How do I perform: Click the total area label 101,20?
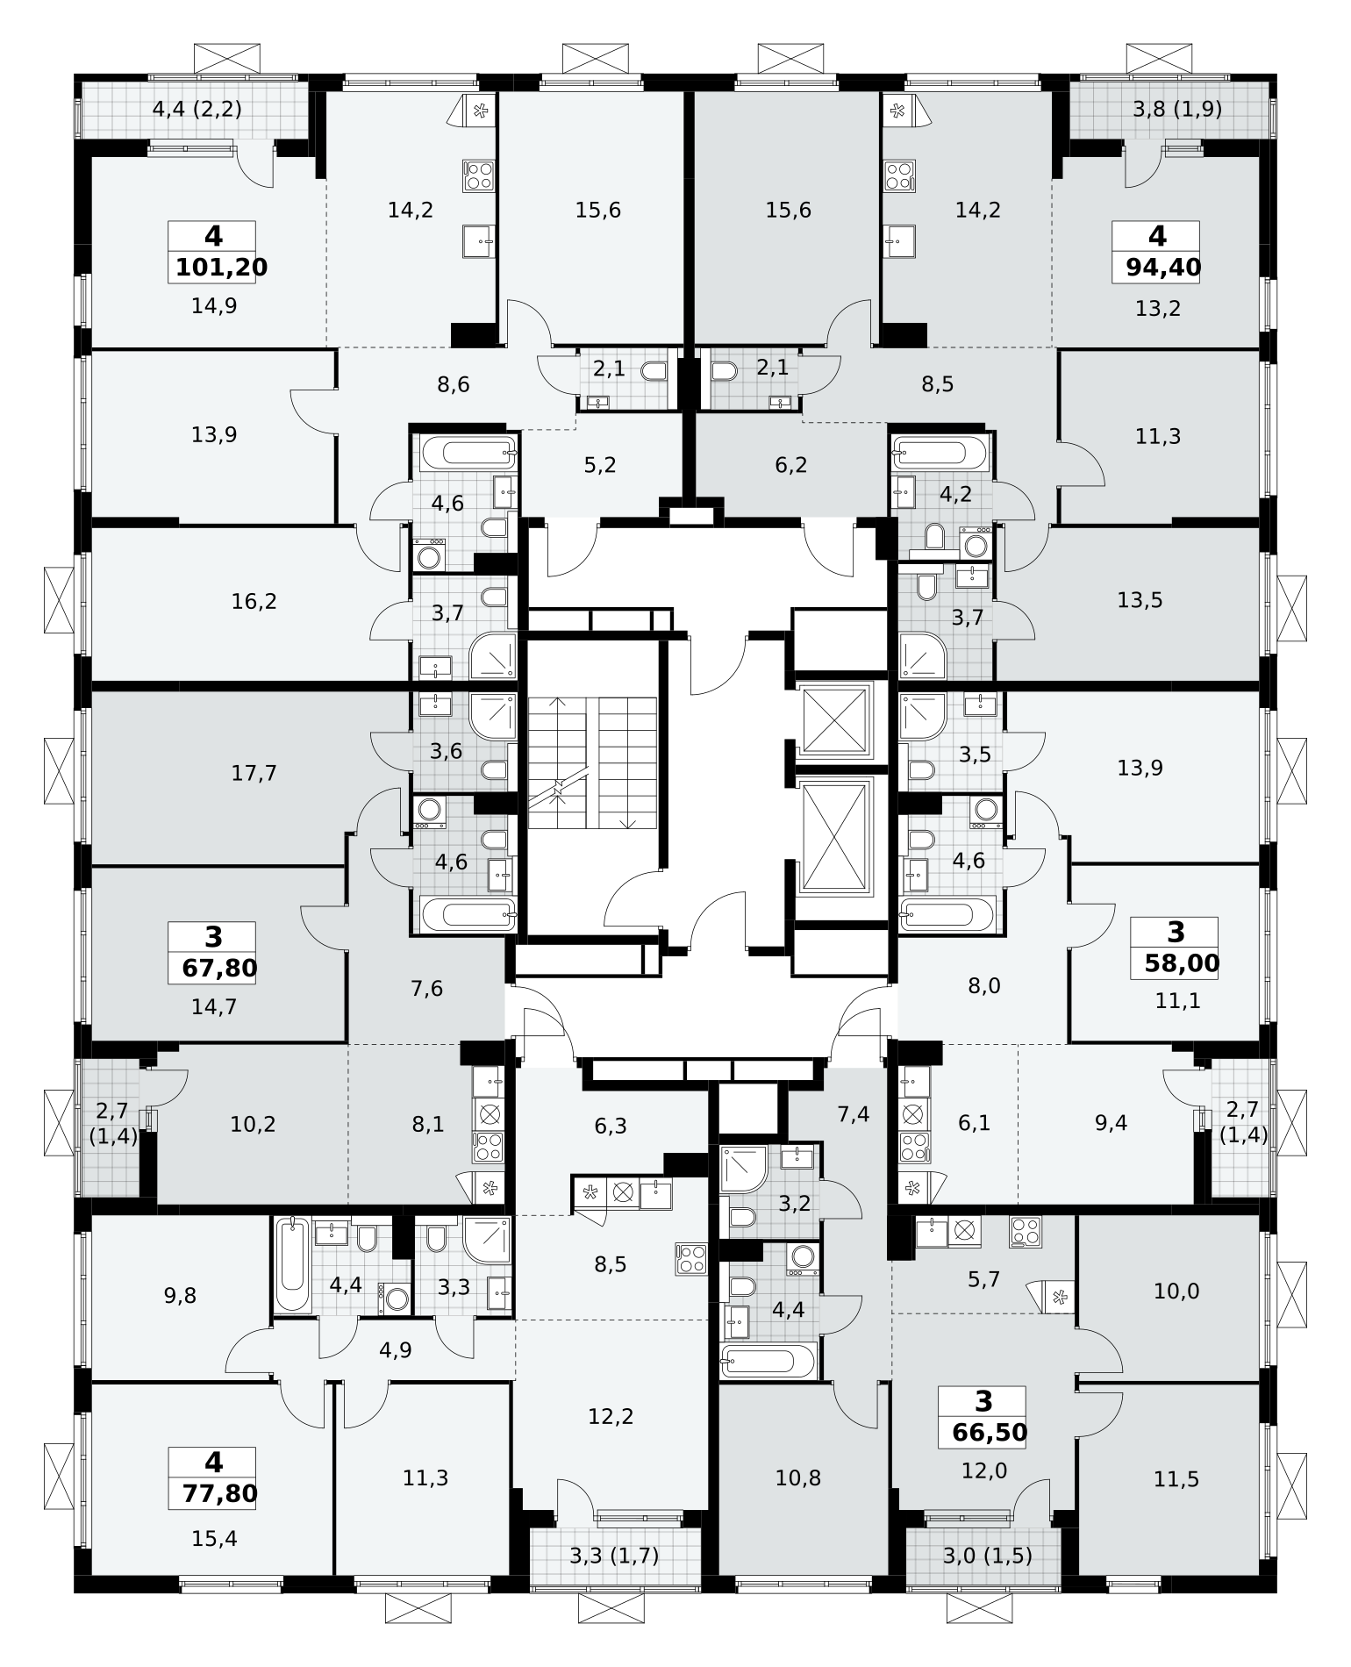click(221, 267)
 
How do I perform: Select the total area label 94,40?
click(1163, 267)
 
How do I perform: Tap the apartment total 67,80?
click(220, 968)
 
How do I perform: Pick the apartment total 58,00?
click(1182, 963)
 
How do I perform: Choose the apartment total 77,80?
click(220, 1492)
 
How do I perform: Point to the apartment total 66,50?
click(990, 1432)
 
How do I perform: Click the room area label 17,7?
click(254, 773)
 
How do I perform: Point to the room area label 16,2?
click(254, 601)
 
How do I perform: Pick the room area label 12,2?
click(611, 1415)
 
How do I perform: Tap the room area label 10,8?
click(798, 1477)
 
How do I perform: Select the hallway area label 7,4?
click(854, 1114)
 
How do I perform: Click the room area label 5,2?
click(600, 464)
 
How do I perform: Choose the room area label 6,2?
click(791, 464)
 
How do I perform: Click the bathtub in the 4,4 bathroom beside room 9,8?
click(292, 1265)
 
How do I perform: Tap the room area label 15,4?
click(214, 1538)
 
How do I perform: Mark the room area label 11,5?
click(1176, 1479)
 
